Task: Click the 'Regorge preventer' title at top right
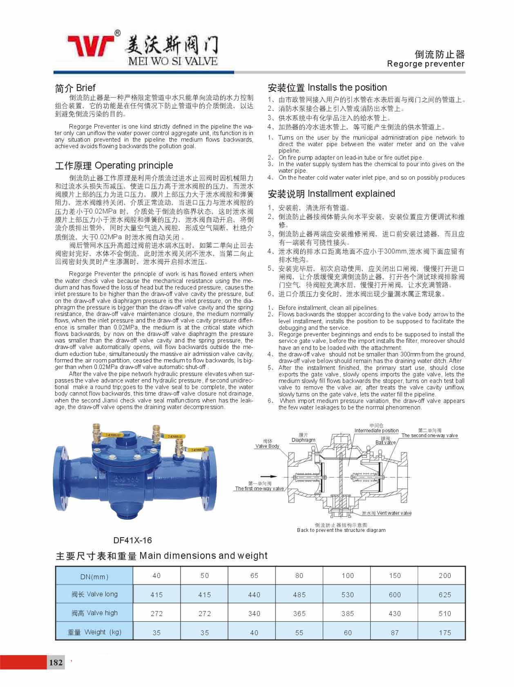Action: [425, 64]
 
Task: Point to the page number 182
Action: [56, 662]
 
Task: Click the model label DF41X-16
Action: [132, 540]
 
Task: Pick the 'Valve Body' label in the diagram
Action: [267, 446]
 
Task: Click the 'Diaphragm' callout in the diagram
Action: [303, 440]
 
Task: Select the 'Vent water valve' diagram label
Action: [394, 513]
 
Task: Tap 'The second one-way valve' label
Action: [429, 436]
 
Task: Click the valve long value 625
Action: [445, 595]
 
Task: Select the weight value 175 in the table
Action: [445, 633]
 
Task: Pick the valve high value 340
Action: [254, 614]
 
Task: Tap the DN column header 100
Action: [348, 576]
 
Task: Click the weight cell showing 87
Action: [395, 633]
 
